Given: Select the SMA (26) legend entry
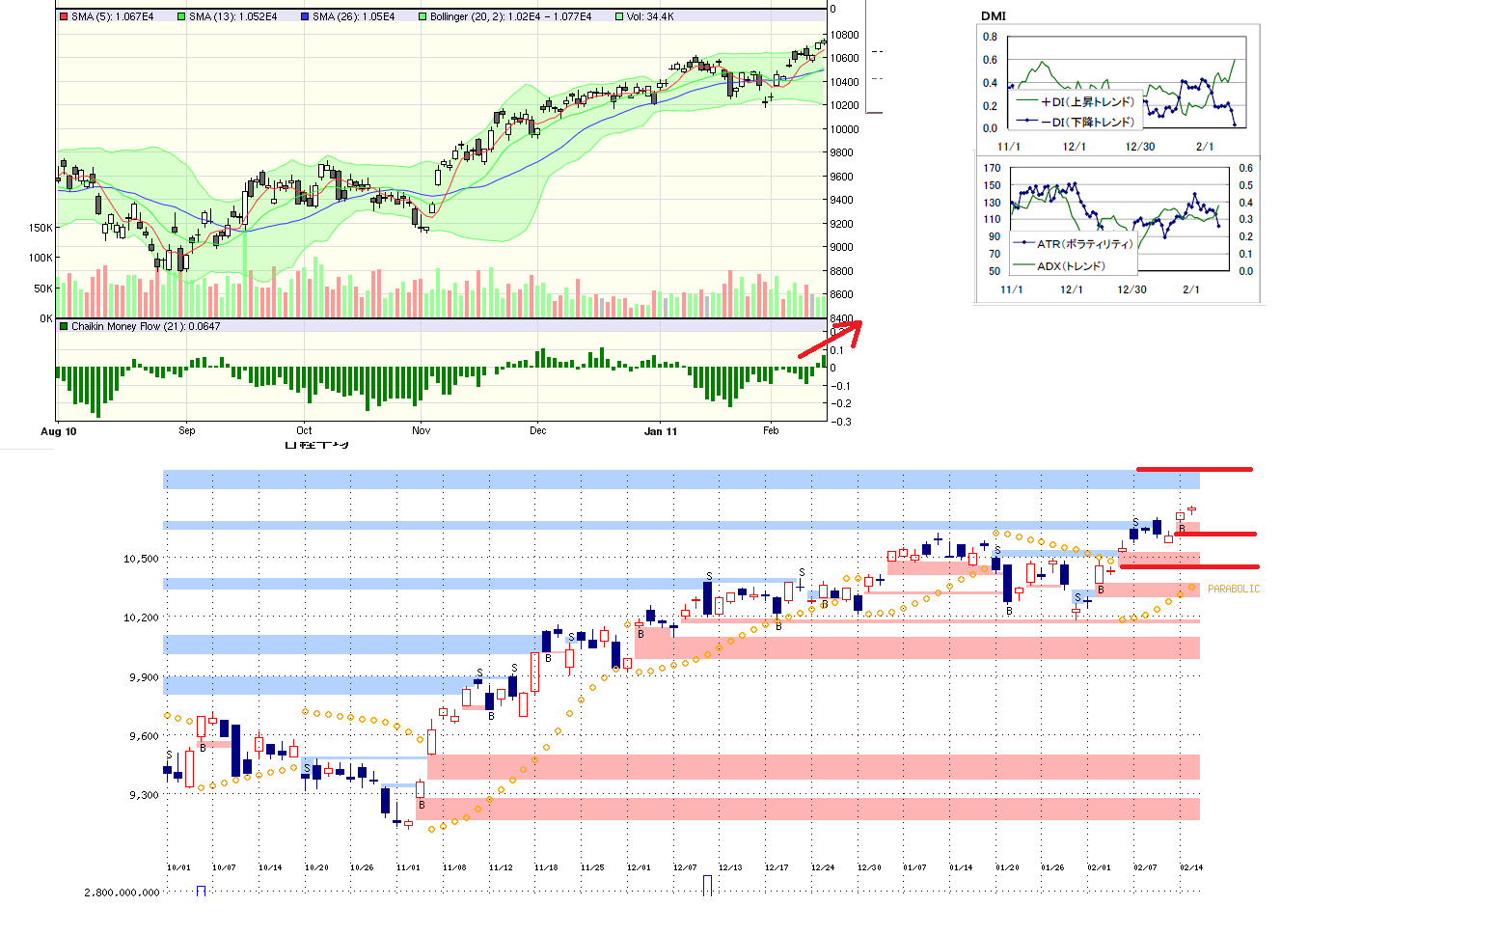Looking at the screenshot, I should point(352,16).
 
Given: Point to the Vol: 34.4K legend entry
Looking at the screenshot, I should point(649,16).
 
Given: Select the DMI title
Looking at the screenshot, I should point(993,15).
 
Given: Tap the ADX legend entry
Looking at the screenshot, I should point(1070,265).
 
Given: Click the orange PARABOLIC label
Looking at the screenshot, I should point(1233,589).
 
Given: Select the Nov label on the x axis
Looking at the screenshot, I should point(421,430).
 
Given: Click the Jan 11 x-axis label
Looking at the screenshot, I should point(660,431).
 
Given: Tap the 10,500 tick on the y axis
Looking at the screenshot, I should point(141,559).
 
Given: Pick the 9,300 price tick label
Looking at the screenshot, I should point(143,795).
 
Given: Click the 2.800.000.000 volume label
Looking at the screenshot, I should point(122,893).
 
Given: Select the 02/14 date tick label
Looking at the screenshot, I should point(1191,867).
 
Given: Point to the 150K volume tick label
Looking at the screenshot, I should point(41,228).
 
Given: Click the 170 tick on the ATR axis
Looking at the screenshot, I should point(992,168).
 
